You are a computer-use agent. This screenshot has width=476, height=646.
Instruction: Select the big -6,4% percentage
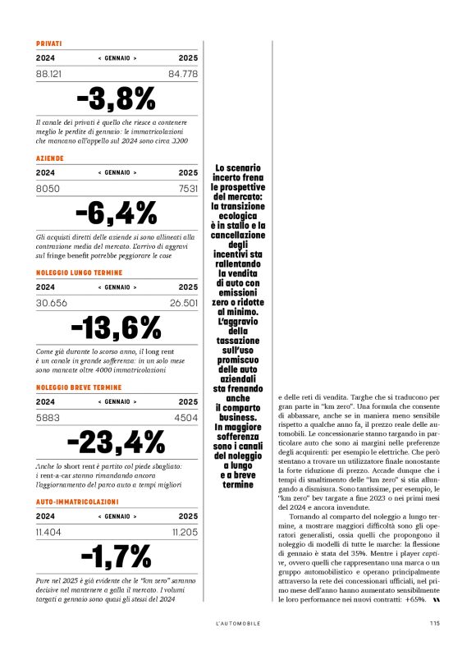(117, 213)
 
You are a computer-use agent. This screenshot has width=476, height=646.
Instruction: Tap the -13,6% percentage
(117, 328)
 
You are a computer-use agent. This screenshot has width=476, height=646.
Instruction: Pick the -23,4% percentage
(117, 442)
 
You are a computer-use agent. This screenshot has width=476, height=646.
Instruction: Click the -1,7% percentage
(117, 557)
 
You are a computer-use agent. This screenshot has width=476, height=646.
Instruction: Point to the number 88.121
(51, 74)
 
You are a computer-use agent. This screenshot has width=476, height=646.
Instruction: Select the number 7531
(188, 188)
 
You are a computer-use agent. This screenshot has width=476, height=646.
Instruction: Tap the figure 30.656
(51, 303)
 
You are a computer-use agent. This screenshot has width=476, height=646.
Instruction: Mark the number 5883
(48, 417)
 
